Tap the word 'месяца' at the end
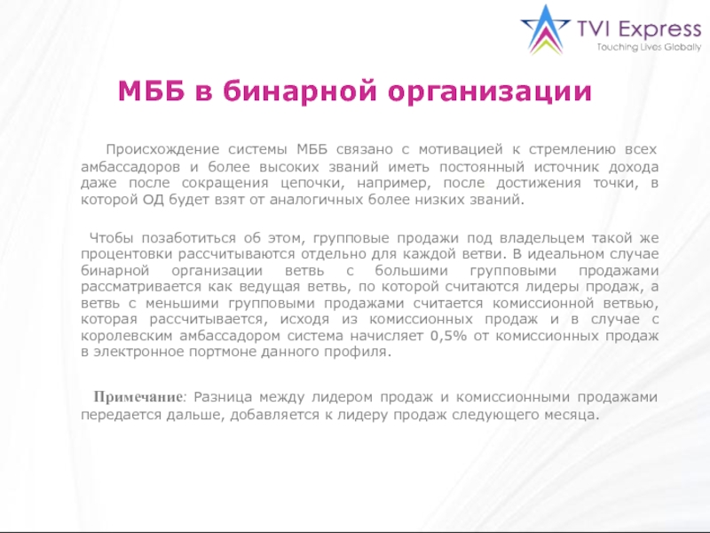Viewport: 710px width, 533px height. tap(575, 415)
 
